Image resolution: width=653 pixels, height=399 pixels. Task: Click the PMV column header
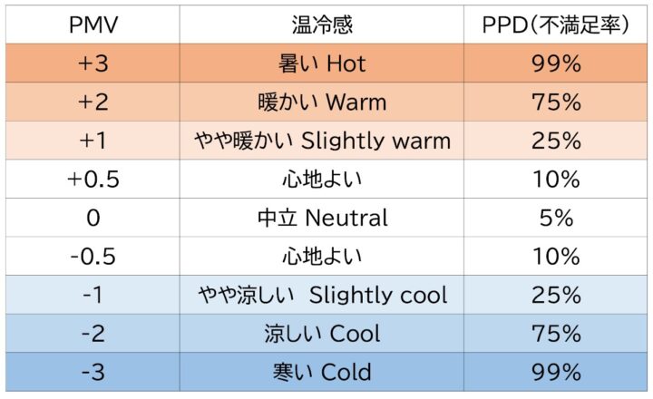(x=93, y=24)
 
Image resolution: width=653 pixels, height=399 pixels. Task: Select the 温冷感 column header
(x=322, y=24)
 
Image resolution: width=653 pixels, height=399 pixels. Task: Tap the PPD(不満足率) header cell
(x=556, y=24)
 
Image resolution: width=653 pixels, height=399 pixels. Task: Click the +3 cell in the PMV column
(x=93, y=63)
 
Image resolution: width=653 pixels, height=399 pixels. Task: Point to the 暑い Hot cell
(x=322, y=63)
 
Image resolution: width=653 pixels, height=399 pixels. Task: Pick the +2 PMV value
(x=93, y=102)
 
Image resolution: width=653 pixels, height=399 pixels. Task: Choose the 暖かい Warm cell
(x=322, y=102)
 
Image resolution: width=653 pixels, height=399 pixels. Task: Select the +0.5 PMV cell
(x=93, y=180)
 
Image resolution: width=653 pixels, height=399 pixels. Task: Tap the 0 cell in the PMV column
(x=93, y=218)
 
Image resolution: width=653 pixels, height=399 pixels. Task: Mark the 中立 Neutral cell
(x=322, y=218)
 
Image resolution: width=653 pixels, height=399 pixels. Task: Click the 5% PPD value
(x=556, y=218)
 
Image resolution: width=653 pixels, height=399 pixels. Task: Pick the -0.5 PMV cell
(x=93, y=257)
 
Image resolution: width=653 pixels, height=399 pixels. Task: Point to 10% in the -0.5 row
(x=556, y=257)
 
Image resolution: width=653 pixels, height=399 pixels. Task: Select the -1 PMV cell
(x=93, y=295)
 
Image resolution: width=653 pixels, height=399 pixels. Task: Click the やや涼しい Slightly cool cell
(x=322, y=295)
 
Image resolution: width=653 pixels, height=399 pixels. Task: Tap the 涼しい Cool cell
(x=322, y=334)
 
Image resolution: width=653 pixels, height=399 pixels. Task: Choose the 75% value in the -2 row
(x=556, y=334)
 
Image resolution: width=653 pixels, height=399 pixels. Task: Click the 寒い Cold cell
(x=322, y=372)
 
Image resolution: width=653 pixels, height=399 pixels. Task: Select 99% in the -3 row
(x=556, y=372)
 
